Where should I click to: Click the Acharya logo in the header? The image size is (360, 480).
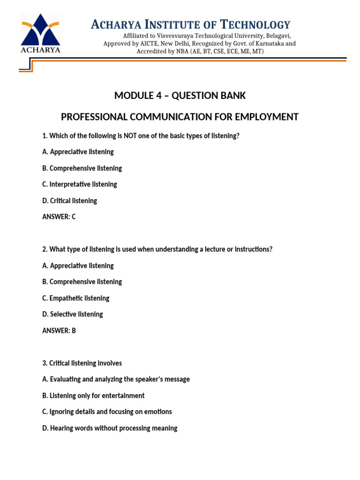40,34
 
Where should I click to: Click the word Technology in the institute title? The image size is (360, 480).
255,24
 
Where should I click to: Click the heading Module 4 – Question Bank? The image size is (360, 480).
180,96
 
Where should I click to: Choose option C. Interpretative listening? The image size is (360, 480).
80,184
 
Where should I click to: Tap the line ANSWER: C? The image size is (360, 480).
59,217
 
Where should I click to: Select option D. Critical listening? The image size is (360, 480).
70,201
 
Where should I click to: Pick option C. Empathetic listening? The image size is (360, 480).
76,298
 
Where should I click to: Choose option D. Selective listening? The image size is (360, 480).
73,314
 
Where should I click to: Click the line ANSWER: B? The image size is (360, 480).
59,330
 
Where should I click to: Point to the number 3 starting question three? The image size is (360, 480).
44,363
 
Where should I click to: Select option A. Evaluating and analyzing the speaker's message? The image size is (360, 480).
116,379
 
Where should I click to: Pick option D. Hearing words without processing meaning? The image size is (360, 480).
110,428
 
